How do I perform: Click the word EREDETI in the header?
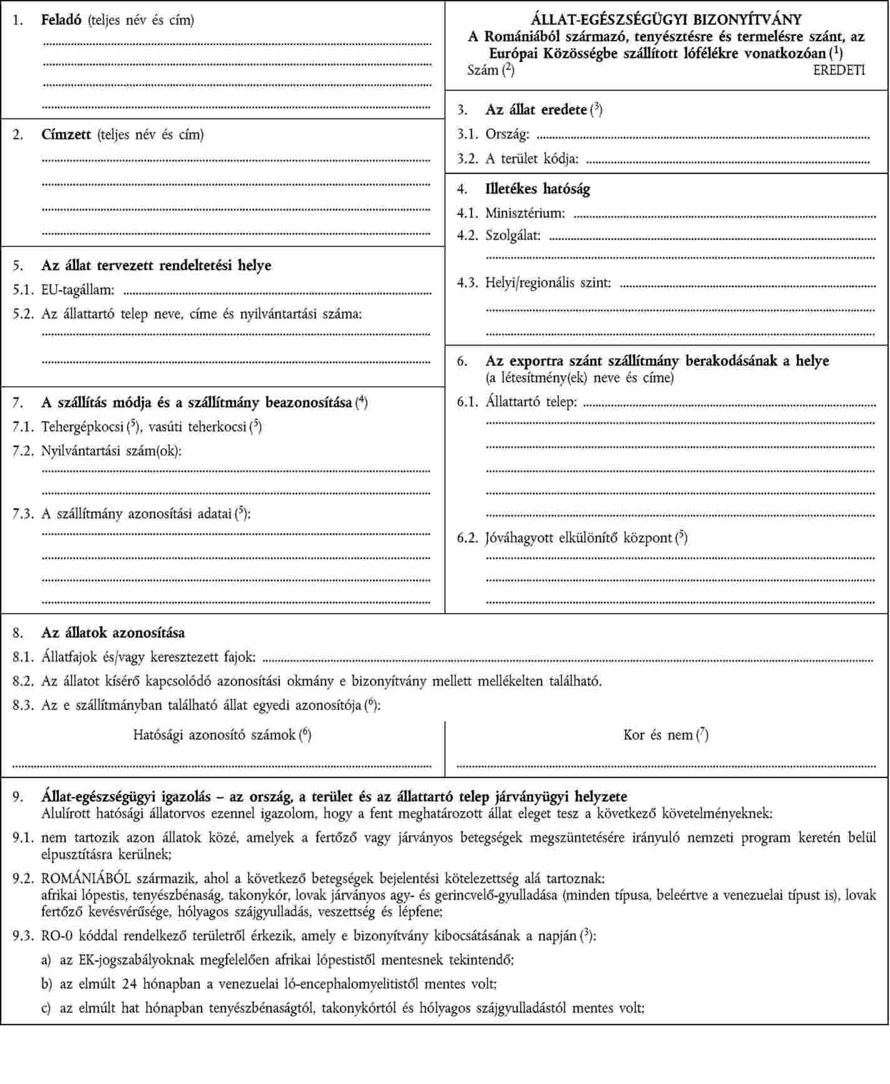pos(839,70)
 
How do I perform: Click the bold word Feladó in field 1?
pos(62,20)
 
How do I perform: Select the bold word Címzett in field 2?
pos(66,134)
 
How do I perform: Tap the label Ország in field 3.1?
pos(506,134)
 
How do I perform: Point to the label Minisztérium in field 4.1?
pos(524,213)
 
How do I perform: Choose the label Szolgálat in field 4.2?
pos(513,236)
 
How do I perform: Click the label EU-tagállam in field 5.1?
pos(78,290)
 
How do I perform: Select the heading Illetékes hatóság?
pos(538,189)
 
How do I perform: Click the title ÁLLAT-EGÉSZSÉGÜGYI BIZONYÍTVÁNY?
pos(667,20)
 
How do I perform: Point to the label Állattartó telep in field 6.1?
pos(531,402)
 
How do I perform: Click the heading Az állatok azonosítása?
pos(113,633)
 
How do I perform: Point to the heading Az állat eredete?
pos(536,110)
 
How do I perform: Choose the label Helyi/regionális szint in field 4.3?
pos(548,283)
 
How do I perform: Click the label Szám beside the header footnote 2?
pos(483,70)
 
